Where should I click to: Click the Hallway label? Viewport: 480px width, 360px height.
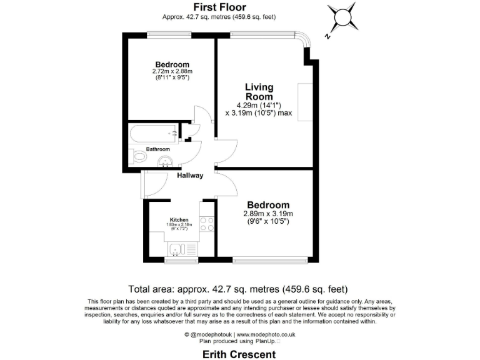[190, 176]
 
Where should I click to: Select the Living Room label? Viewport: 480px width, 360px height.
[259, 92]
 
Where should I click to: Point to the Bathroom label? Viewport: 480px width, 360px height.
[158, 149]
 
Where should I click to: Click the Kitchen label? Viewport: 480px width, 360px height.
[179, 220]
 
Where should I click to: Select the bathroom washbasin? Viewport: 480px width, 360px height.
[166, 162]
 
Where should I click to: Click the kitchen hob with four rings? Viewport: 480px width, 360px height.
[207, 224]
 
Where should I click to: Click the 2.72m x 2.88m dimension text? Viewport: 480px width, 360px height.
[172, 72]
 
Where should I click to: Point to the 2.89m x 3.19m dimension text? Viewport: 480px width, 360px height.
[268, 214]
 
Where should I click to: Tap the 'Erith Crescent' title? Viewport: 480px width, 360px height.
[239, 354]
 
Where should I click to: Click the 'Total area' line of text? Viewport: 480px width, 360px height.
[237, 289]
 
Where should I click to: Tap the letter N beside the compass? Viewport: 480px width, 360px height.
[328, 37]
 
